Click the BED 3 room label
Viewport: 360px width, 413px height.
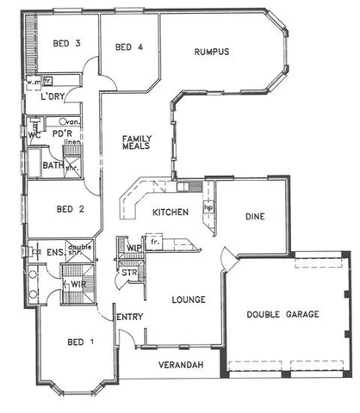(65, 43)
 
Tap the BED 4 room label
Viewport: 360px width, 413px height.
(128, 46)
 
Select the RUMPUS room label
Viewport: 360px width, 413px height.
(211, 52)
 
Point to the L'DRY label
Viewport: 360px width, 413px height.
(53, 97)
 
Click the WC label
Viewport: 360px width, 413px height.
(34, 135)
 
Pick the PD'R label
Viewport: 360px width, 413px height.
(61, 134)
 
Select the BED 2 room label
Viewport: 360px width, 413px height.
(69, 208)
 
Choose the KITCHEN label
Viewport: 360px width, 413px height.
(170, 212)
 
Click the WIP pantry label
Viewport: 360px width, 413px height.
(133, 248)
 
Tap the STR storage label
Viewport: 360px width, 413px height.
(130, 273)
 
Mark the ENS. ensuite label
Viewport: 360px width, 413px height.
(53, 251)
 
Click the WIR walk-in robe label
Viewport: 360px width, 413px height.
(76, 283)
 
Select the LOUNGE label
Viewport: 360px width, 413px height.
(188, 300)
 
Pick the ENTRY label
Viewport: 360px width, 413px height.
(129, 317)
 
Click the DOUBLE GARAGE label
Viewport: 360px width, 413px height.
(283, 315)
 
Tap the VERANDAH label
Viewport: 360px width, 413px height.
(181, 367)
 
